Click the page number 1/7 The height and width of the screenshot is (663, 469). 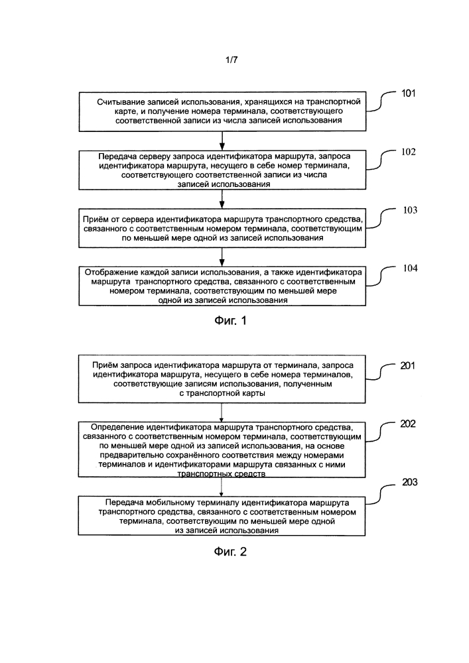point(232,60)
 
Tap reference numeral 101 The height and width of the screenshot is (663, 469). point(409,93)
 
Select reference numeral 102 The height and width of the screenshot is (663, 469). point(409,152)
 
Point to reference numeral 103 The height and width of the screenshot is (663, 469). point(410,210)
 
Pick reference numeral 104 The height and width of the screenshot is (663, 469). point(410,268)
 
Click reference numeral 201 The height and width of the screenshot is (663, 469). point(408,366)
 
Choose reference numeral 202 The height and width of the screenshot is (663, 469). point(408,424)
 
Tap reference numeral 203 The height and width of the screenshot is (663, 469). point(409,482)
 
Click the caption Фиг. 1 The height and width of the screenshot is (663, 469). point(230,321)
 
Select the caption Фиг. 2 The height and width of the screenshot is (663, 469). point(230,552)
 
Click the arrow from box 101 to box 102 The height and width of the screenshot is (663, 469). point(222,141)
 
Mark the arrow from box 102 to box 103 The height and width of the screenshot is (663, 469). point(222,199)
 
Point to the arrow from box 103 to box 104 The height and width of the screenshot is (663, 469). point(222,257)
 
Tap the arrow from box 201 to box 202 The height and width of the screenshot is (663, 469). point(222,412)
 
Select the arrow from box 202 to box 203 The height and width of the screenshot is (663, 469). point(222,487)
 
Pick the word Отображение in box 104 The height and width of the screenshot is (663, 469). point(110,272)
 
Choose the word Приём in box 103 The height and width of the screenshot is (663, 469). point(95,219)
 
